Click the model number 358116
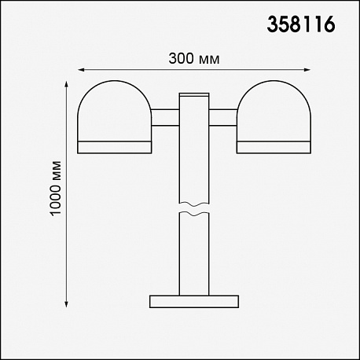(x=301, y=24)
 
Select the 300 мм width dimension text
(x=194, y=59)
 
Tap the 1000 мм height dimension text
(x=56, y=189)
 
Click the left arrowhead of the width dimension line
(x=81, y=70)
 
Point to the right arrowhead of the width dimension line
(x=307, y=70)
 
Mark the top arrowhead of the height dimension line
(x=66, y=84)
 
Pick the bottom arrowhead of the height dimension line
(x=66, y=303)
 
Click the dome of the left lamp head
(x=115, y=110)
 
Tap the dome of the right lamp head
(x=274, y=110)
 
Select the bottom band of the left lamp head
(x=115, y=147)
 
